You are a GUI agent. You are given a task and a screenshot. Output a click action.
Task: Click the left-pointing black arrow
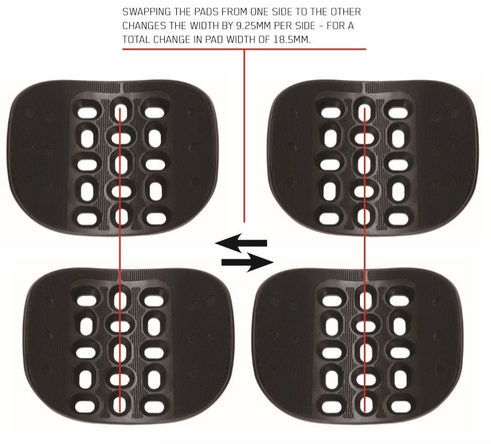241,242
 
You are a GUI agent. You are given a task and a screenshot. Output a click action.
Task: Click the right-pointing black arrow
247,262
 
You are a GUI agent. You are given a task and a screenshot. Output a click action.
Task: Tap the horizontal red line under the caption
244,49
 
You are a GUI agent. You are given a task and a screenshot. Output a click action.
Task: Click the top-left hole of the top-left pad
87,112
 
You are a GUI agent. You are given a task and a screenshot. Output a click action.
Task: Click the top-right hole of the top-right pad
398,112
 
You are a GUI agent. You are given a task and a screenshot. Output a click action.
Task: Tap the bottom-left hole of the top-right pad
330,217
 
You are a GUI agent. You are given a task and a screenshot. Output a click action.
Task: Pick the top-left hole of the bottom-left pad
86,301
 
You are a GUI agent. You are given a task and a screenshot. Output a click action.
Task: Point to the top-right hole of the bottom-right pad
399,301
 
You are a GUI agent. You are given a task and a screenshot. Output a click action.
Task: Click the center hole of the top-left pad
121,164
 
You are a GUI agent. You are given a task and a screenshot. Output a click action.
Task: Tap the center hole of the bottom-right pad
364,353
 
